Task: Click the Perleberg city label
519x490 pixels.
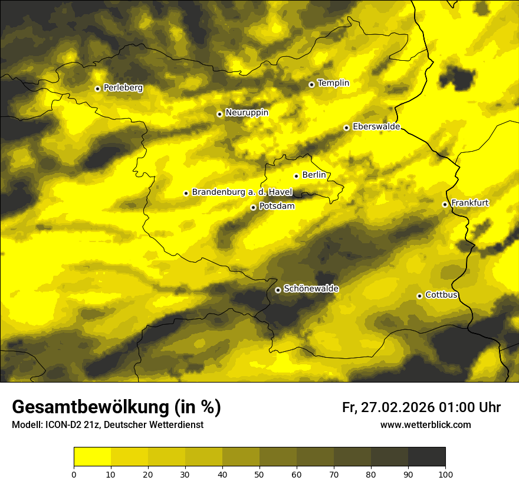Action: click(123, 88)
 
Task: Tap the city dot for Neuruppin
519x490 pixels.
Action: click(219, 114)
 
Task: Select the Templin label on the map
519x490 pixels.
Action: click(333, 83)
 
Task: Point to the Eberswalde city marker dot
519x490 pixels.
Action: click(346, 128)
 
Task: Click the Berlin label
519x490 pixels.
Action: click(314, 175)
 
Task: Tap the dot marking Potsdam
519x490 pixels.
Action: click(253, 207)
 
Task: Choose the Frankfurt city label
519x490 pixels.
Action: click(469, 203)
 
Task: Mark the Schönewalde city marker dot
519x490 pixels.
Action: click(278, 290)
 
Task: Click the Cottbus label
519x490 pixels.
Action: click(441, 295)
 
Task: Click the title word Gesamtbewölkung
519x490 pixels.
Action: click(88, 407)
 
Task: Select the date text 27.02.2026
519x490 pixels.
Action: click(396, 407)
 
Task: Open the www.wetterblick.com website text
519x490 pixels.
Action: click(425, 424)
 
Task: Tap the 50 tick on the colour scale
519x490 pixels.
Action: click(259, 473)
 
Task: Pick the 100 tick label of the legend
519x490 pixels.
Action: click(445, 473)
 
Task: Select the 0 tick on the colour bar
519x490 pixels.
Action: click(74, 473)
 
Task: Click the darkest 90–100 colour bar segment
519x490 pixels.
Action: click(426, 457)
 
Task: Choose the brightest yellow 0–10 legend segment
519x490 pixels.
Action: click(93, 457)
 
